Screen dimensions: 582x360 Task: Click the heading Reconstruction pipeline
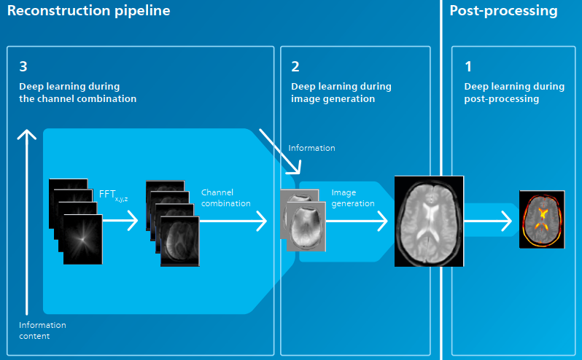click(89, 11)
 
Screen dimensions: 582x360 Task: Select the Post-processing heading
click(503, 11)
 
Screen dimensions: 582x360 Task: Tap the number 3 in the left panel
click(23, 66)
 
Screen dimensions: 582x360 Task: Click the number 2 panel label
click(295, 66)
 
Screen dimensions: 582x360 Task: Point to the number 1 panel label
click(468, 66)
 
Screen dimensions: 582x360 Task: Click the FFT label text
click(113, 195)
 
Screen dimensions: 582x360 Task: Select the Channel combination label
click(225, 198)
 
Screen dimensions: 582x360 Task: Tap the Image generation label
click(353, 198)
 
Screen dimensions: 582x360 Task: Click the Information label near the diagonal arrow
click(312, 148)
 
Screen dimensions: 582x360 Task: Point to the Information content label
click(42, 330)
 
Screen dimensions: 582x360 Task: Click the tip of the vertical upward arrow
click(27, 130)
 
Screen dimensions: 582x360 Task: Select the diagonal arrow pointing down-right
click(280, 152)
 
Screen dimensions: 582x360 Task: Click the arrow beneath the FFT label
click(120, 221)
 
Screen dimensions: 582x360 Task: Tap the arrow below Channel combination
click(233, 221)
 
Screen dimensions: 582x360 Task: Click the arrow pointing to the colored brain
click(488, 221)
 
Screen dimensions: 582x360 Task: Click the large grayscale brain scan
click(429, 222)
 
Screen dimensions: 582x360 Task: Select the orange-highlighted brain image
click(542, 219)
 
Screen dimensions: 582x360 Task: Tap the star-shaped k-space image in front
click(82, 240)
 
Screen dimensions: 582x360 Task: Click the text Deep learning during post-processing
click(514, 93)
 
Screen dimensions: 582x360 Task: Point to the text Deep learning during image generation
click(341, 93)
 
